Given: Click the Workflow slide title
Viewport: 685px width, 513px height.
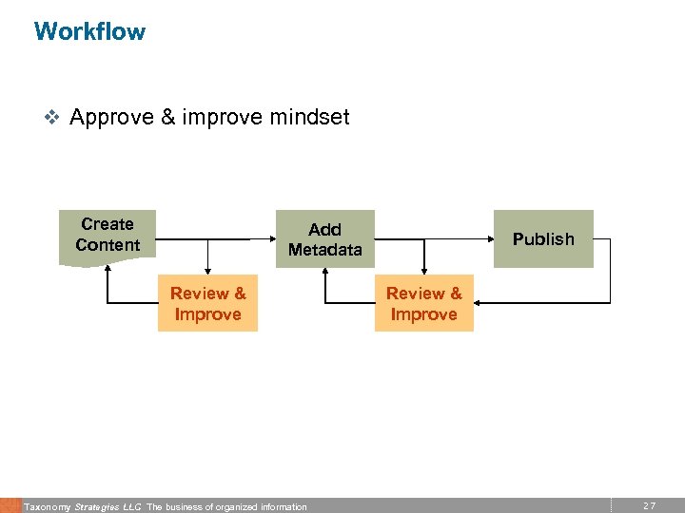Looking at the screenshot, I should (x=89, y=31).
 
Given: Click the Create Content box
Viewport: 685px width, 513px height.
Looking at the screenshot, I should (x=108, y=236).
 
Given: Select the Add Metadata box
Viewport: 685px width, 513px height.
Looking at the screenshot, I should (x=325, y=239).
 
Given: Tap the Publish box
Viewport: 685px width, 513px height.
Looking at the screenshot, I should (x=543, y=239).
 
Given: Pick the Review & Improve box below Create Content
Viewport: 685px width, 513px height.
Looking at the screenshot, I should (x=207, y=304).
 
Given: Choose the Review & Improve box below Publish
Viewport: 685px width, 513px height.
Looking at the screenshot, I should (x=423, y=304).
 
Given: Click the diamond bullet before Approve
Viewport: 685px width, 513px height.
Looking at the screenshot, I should (x=52, y=119).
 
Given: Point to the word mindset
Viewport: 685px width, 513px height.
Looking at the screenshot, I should (x=309, y=118).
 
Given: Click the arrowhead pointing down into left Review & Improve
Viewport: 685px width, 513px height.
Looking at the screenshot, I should (x=207, y=271).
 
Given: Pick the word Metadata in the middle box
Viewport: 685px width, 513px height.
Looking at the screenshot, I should (x=325, y=250).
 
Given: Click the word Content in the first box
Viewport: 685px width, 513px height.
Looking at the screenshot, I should (x=108, y=245).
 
